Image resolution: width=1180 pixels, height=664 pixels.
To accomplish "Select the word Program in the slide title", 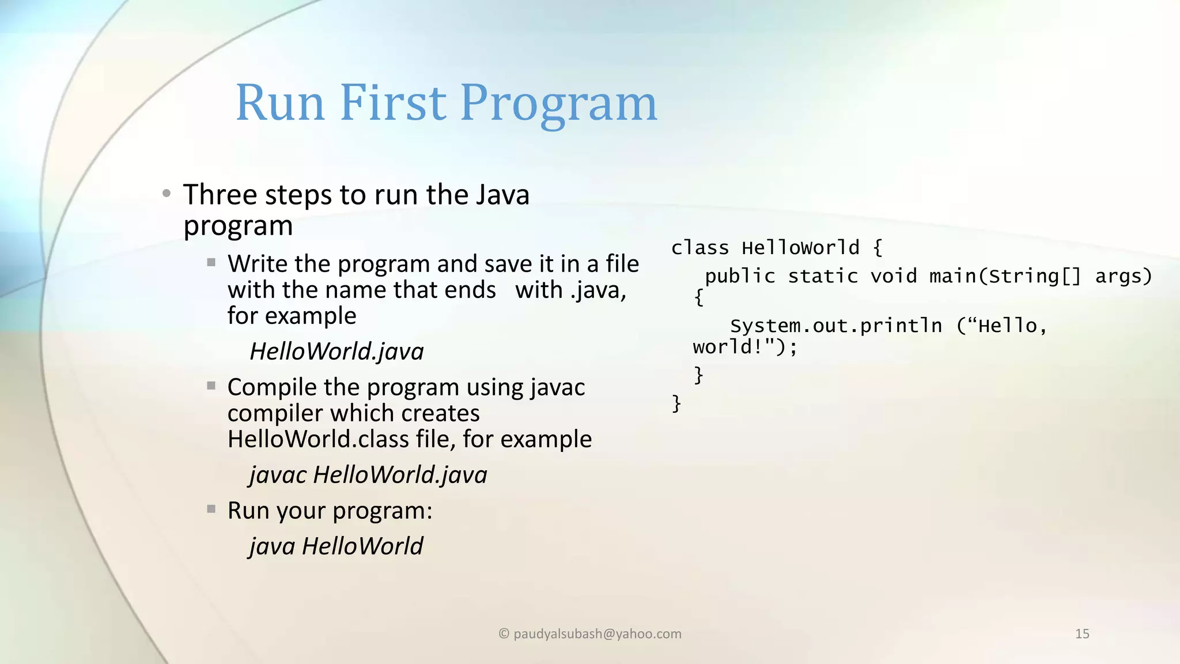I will (x=558, y=104).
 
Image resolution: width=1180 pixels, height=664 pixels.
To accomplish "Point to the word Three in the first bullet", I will (x=220, y=194).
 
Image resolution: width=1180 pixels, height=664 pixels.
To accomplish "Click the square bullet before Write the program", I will (x=211, y=263).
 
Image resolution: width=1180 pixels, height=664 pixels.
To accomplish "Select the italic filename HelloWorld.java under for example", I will (x=336, y=351).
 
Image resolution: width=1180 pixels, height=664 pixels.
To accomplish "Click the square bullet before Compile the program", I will (x=211, y=386).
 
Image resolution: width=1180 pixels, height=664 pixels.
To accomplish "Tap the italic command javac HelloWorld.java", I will (x=368, y=474).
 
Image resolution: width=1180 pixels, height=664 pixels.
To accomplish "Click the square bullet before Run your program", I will (x=211, y=509).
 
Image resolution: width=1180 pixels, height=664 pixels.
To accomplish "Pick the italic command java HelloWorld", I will (x=336, y=546).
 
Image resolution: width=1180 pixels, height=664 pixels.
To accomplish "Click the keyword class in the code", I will (x=700, y=248).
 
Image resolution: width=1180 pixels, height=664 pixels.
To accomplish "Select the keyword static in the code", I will (x=823, y=276).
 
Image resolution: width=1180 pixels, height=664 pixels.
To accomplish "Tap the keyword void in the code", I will (x=893, y=276).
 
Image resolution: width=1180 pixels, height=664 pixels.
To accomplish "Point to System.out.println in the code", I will (x=835, y=326).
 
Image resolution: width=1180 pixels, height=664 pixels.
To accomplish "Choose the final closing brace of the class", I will (x=676, y=403).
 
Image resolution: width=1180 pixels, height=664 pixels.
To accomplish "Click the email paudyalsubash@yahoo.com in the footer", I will (x=597, y=634).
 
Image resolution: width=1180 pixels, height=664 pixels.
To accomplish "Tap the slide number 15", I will (x=1082, y=634).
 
